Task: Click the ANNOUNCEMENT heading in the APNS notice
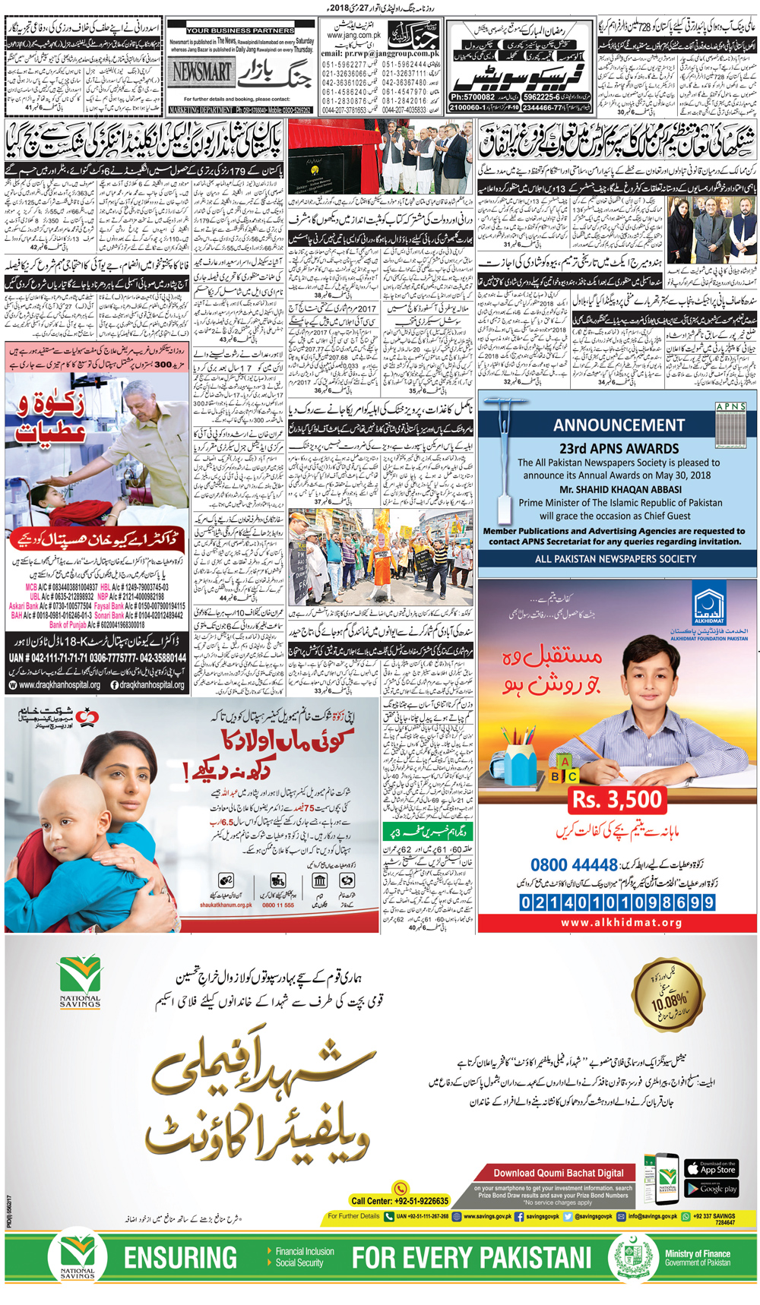click(619, 425)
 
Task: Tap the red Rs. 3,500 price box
click(617, 799)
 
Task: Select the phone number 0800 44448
click(574, 865)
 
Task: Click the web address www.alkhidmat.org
click(622, 923)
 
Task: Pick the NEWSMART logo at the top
click(201, 71)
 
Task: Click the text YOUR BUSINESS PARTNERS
click(240, 30)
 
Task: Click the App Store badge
click(711, 1168)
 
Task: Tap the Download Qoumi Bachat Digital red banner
click(559, 1173)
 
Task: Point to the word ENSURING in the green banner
click(180, 1258)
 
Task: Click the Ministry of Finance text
click(697, 1254)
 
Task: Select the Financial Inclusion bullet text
click(304, 1251)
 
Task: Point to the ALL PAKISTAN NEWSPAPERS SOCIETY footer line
click(616, 559)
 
